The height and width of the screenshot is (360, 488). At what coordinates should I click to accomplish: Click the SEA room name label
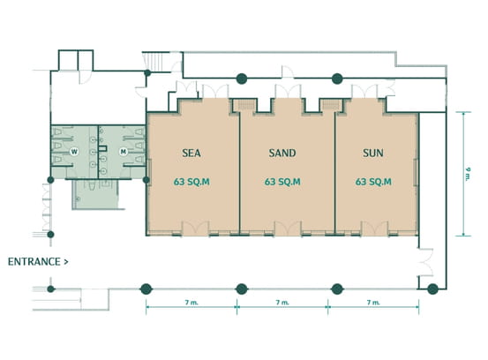click(x=191, y=153)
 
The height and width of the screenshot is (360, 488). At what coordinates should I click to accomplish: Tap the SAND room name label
click(x=282, y=153)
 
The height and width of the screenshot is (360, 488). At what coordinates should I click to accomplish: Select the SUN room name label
click(x=373, y=153)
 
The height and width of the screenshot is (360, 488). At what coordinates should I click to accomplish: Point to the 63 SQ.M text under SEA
click(x=191, y=182)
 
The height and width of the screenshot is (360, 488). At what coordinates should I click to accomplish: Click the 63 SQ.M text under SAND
click(x=282, y=182)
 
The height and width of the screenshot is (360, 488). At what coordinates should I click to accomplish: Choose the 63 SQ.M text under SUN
click(x=373, y=182)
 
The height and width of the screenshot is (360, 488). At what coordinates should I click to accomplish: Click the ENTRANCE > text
click(x=38, y=262)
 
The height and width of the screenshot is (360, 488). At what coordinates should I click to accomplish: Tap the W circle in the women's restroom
click(x=74, y=152)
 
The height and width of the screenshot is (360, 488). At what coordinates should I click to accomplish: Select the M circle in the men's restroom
click(x=124, y=152)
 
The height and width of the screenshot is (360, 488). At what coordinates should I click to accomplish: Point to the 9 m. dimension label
click(x=468, y=174)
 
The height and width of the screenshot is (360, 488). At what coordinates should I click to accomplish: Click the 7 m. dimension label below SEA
click(x=191, y=302)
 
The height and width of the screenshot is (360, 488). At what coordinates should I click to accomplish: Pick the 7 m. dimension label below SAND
click(x=282, y=302)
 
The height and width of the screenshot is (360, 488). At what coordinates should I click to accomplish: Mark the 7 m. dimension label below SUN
click(x=373, y=302)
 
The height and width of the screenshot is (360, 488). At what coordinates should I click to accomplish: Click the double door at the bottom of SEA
click(x=195, y=228)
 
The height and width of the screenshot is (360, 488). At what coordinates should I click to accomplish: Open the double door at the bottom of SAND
click(x=288, y=228)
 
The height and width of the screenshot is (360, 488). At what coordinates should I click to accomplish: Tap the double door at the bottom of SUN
click(x=374, y=228)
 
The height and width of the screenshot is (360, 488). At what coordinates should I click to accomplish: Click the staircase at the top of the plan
click(x=154, y=62)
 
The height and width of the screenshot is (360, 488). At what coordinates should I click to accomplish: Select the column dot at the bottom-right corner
click(x=432, y=289)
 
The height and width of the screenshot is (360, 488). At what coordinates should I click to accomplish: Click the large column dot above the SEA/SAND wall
click(x=242, y=79)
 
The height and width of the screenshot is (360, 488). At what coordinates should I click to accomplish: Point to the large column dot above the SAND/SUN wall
click(x=337, y=79)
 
